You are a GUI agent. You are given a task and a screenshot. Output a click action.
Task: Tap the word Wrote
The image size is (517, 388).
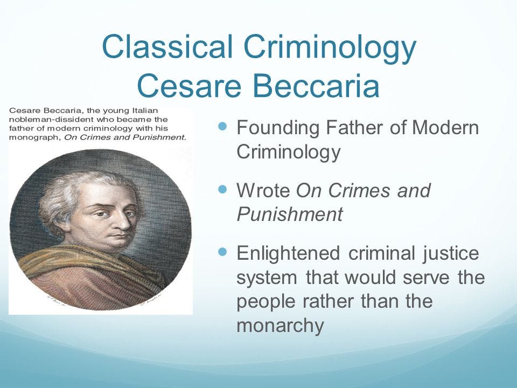[x=264, y=191]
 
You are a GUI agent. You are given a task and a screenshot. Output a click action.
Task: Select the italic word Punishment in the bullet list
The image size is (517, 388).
[x=289, y=214]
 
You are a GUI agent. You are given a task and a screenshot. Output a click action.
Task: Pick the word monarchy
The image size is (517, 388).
[x=280, y=325]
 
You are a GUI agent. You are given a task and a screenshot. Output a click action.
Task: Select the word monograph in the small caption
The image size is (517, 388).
[x=32, y=137]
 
